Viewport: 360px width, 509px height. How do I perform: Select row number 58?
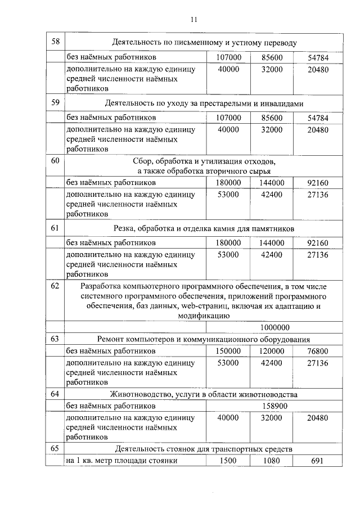(55, 42)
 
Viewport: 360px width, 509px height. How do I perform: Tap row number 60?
(55, 161)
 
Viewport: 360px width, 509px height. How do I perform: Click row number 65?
(55, 449)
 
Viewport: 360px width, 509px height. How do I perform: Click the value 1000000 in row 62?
(274, 327)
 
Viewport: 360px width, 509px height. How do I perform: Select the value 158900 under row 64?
(274, 406)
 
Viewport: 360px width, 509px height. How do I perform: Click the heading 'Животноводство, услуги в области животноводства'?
(204, 394)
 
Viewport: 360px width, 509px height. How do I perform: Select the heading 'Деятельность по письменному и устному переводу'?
(204, 42)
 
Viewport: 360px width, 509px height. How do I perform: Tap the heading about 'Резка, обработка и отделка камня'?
(204, 228)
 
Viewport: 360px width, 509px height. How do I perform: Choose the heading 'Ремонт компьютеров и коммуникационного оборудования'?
(204, 340)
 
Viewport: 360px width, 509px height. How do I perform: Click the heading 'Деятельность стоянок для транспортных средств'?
(204, 449)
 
